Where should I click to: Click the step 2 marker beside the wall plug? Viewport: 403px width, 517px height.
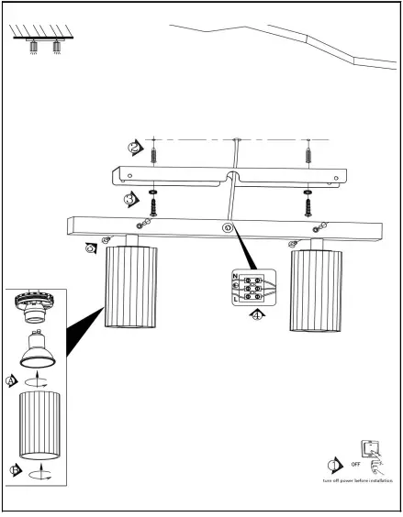(x=136, y=147)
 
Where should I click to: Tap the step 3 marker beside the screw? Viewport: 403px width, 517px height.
(x=132, y=197)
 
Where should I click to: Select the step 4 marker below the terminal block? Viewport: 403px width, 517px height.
(x=258, y=314)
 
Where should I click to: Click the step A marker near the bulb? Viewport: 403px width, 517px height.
(x=12, y=379)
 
